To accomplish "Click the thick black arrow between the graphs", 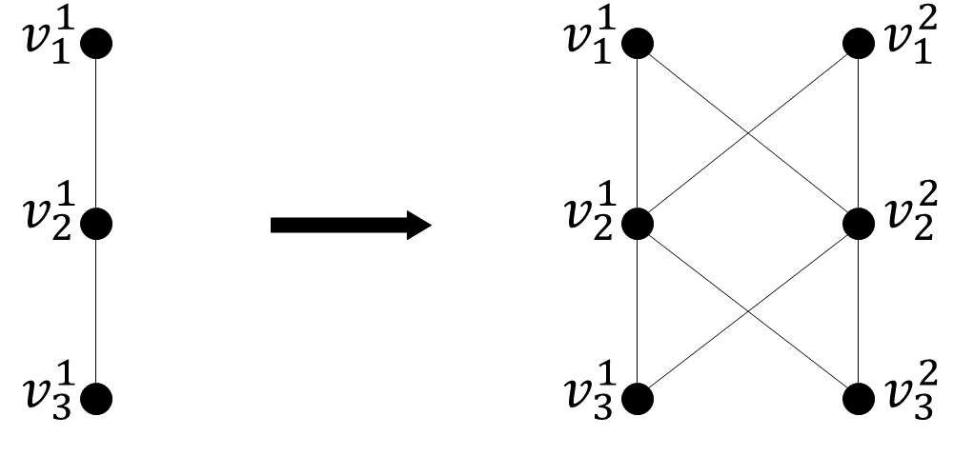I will (x=351, y=226).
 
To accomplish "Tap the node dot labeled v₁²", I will (x=860, y=43).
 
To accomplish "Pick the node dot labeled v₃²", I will (x=860, y=398).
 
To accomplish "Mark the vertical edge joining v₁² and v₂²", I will (x=860, y=133).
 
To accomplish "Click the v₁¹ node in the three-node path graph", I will (x=97, y=43).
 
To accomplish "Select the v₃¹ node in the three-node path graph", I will (x=97, y=398).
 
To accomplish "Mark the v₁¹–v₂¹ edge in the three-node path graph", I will (x=97, y=133).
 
